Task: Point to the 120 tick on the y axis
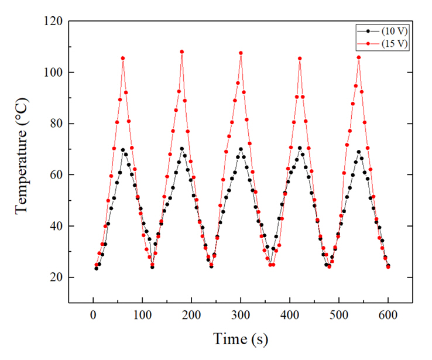[54, 21]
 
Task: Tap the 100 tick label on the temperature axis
[54, 73]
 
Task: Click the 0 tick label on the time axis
[93, 315]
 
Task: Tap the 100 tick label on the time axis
[142, 315]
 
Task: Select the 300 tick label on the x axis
[241, 315]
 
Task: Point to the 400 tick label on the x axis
[290, 315]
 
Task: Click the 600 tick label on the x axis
[388, 315]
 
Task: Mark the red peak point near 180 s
[182, 52]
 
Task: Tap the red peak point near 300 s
[241, 53]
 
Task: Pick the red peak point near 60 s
[123, 58]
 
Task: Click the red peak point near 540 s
[359, 57]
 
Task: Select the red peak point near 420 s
[300, 59]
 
